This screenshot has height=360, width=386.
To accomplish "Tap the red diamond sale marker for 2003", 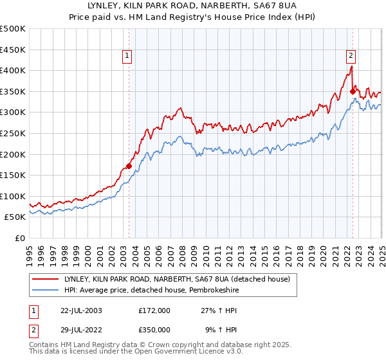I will click(129, 166).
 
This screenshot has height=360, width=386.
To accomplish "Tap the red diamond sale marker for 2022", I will click(353, 91).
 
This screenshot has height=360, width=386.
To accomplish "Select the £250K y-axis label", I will click(13, 133).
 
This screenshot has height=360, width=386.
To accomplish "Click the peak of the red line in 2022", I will click(351, 66).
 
